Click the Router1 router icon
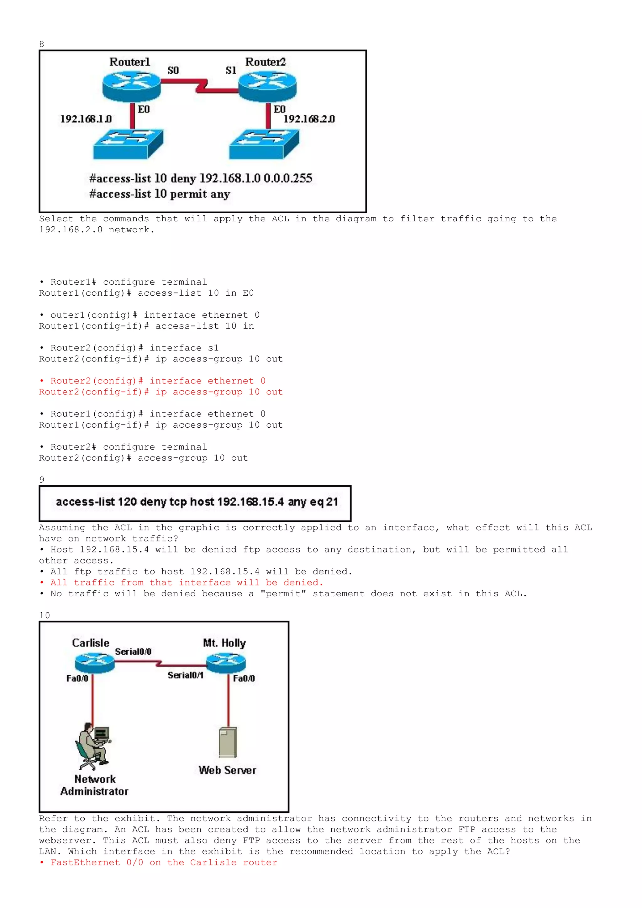[131, 87]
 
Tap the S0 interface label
[173, 71]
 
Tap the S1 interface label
[231, 71]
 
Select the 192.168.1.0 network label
[86, 119]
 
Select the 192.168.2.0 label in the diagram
[309, 119]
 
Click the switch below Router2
[264, 144]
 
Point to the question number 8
[41, 44]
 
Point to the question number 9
[41, 480]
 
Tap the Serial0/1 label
[185, 675]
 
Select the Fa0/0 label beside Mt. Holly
[244, 678]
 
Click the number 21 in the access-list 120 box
[332, 502]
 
